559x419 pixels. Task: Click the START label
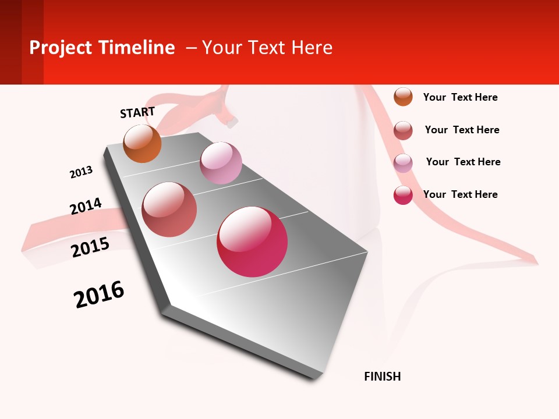click(x=137, y=112)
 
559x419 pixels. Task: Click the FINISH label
click(x=382, y=377)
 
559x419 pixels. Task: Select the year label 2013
click(x=81, y=172)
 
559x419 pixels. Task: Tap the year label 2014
click(x=86, y=206)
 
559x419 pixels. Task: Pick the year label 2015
click(x=90, y=247)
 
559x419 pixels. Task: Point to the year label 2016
click(x=99, y=294)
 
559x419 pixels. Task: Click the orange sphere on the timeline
click(x=143, y=144)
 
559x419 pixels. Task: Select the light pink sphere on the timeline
click(x=221, y=163)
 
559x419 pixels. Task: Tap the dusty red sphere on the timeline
click(x=169, y=210)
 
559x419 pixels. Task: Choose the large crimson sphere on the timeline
click(x=252, y=242)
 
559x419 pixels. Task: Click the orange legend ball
click(x=403, y=97)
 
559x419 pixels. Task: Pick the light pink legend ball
click(x=403, y=163)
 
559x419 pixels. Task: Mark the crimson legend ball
click(x=403, y=195)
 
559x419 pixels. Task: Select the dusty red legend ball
click(x=403, y=130)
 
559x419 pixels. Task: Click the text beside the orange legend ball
click(x=460, y=97)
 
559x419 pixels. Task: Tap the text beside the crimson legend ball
click(x=460, y=194)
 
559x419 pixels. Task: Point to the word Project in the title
click(x=61, y=48)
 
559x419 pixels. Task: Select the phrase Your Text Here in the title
click(x=267, y=48)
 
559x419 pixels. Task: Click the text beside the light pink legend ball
click(x=463, y=162)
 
